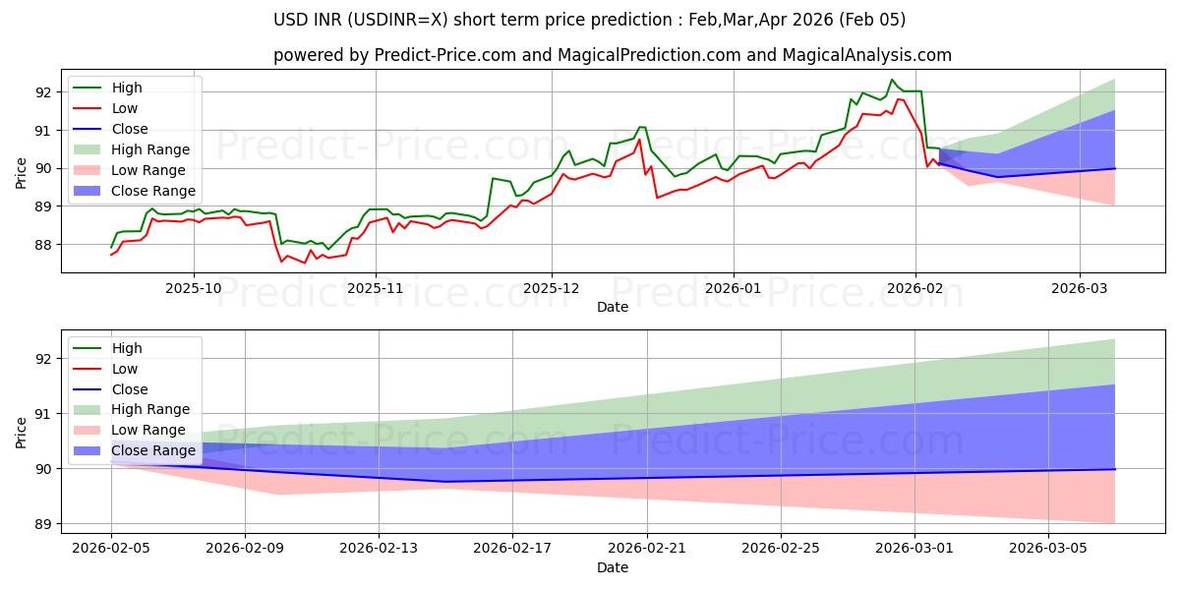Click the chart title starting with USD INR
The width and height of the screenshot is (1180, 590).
(589, 20)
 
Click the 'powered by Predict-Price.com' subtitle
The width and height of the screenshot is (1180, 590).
(612, 56)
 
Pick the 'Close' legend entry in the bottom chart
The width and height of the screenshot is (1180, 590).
(130, 389)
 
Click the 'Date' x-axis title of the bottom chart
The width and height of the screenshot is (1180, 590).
(613, 568)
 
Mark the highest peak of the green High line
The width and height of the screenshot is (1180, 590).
(892, 80)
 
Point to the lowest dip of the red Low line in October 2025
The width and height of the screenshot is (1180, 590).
(305, 264)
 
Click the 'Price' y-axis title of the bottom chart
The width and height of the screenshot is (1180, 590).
(22, 432)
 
